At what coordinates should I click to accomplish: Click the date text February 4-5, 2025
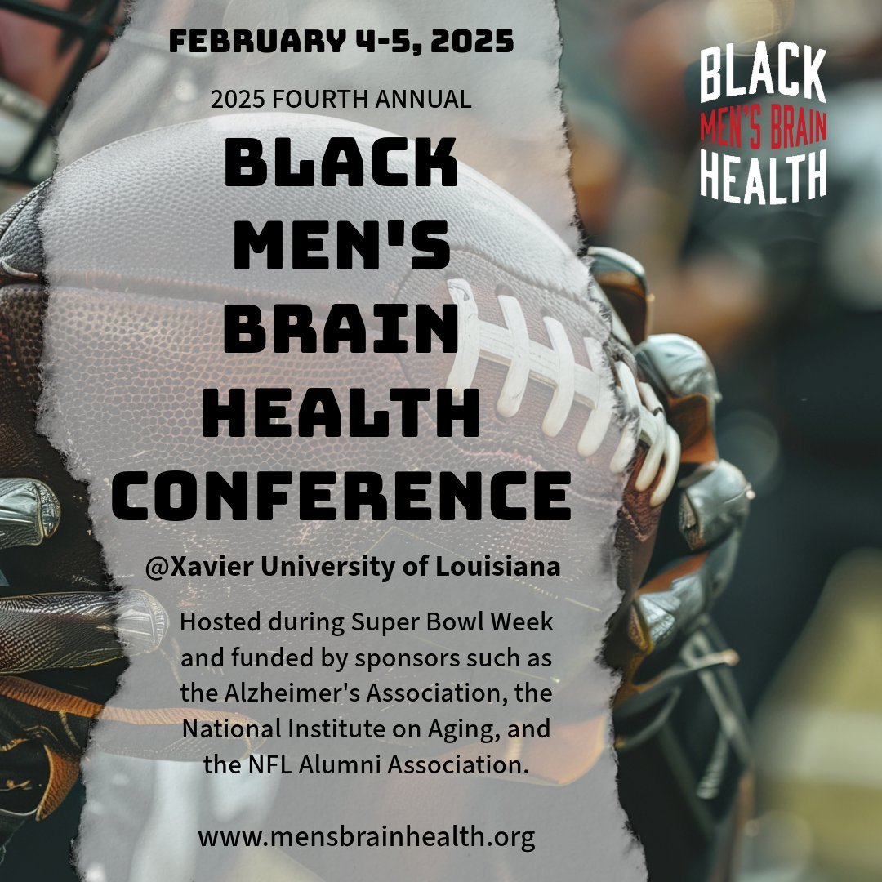click(x=341, y=42)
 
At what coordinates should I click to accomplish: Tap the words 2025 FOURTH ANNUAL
click(x=341, y=100)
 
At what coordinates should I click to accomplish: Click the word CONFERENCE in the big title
click(x=341, y=494)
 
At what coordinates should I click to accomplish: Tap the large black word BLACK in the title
click(x=340, y=163)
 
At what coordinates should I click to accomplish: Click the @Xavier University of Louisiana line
click(x=353, y=568)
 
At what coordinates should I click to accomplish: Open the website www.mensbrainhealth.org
click(x=366, y=837)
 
